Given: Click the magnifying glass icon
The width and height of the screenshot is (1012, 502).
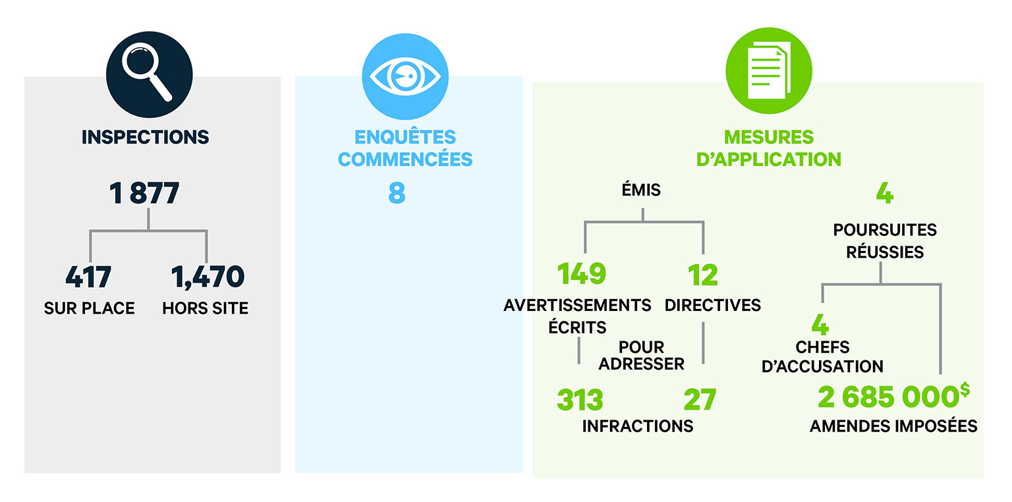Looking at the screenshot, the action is (x=149, y=74).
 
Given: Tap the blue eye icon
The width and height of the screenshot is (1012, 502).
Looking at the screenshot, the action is (x=405, y=76).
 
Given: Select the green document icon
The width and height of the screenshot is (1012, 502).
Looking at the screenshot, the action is (x=768, y=70).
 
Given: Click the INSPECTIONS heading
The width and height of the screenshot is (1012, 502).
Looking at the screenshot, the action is (x=145, y=137).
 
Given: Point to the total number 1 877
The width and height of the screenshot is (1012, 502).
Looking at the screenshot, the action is (x=144, y=194).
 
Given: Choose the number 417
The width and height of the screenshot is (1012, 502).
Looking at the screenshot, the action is (x=88, y=277).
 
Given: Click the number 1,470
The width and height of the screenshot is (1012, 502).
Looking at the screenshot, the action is (x=208, y=277).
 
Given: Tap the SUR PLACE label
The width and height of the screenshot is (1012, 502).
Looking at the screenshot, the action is (x=90, y=308).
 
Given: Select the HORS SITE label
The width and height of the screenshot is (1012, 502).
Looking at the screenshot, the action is (x=205, y=308).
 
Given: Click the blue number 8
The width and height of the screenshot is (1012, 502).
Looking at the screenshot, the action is (x=397, y=194).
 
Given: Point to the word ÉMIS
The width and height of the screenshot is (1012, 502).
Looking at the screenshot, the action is (x=641, y=189).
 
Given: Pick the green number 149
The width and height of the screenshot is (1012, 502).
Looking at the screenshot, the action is (x=582, y=273).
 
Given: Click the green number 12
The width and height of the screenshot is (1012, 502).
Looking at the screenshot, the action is (x=702, y=275).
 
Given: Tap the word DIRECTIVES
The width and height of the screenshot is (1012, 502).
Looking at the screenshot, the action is (x=712, y=305).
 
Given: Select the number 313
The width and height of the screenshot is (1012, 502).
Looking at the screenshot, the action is (x=580, y=400).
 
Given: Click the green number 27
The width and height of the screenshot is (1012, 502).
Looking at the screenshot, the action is (x=700, y=400).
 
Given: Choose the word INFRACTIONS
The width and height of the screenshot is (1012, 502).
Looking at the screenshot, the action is (x=638, y=426).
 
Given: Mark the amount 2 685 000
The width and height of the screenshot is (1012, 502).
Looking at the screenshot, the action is (x=889, y=397).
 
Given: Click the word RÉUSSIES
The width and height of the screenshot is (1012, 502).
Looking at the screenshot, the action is (x=885, y=252).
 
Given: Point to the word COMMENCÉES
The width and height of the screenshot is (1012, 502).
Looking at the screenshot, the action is (x=405, y=159).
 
